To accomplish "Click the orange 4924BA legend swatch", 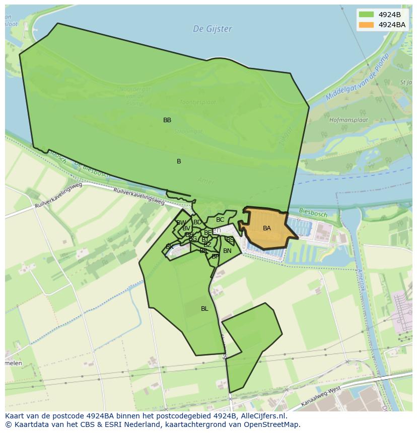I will click(x=366, y=25).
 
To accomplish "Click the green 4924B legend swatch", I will click(x=366, y=14).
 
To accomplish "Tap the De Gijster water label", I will click(x=213, y=29).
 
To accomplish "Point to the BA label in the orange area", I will click(x=267, y=228).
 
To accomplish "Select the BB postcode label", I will click(x=167, y=120).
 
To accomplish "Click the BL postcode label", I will click(x=204, y=309).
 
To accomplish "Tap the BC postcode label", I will click(x=220, y=220).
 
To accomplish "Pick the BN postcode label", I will click(x=227, y=251).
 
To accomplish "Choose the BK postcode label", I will click(x=170, y=247).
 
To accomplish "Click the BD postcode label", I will click(x=197, y=222).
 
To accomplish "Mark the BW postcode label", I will click(x=181, y=223).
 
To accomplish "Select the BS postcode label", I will click(x=230, y=240).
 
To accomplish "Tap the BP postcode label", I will click(x=215, y=256).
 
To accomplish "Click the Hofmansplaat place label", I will click(x=349, y=121).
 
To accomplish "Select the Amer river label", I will click(x=206, y=181).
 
